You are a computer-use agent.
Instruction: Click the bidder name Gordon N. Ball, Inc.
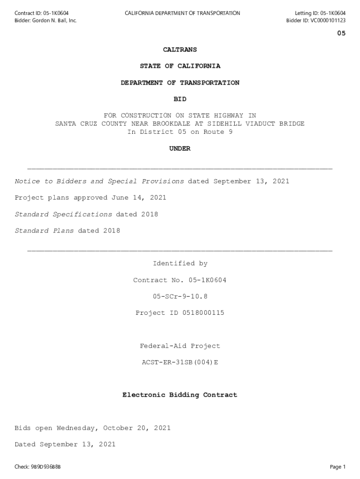pyautogui.click(x=54, y=21)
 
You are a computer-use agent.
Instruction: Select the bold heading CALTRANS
pyautogui.click(x=180, y=50)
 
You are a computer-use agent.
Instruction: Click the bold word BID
pyautogui.click(x=180, y=99)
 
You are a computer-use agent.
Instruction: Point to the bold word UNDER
pyautogui.click(x=180, y=149)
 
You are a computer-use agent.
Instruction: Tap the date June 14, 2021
pyautogui.click(x=139, y=198)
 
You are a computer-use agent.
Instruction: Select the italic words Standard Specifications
pyautogui.click(x=64, y=215)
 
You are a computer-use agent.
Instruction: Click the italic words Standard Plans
pyautogui.click(x=44, y=231)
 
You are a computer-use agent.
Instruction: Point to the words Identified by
pyautogui.click(x=180, y=264)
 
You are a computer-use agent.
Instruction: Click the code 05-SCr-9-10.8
pyautogui.click(x=180, y=297)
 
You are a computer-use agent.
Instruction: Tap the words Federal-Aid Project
pyautogui.click(x=180, y=346)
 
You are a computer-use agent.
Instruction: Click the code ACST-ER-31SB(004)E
pyautogui.click(x=180, y=363)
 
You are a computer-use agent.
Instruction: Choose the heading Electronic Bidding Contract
pyautogui.click(x=180, y=395)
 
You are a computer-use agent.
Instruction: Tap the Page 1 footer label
pyautogui.click(x=338, y=467)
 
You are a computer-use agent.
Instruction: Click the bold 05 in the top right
pyautogui.click(x=341, y=34)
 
